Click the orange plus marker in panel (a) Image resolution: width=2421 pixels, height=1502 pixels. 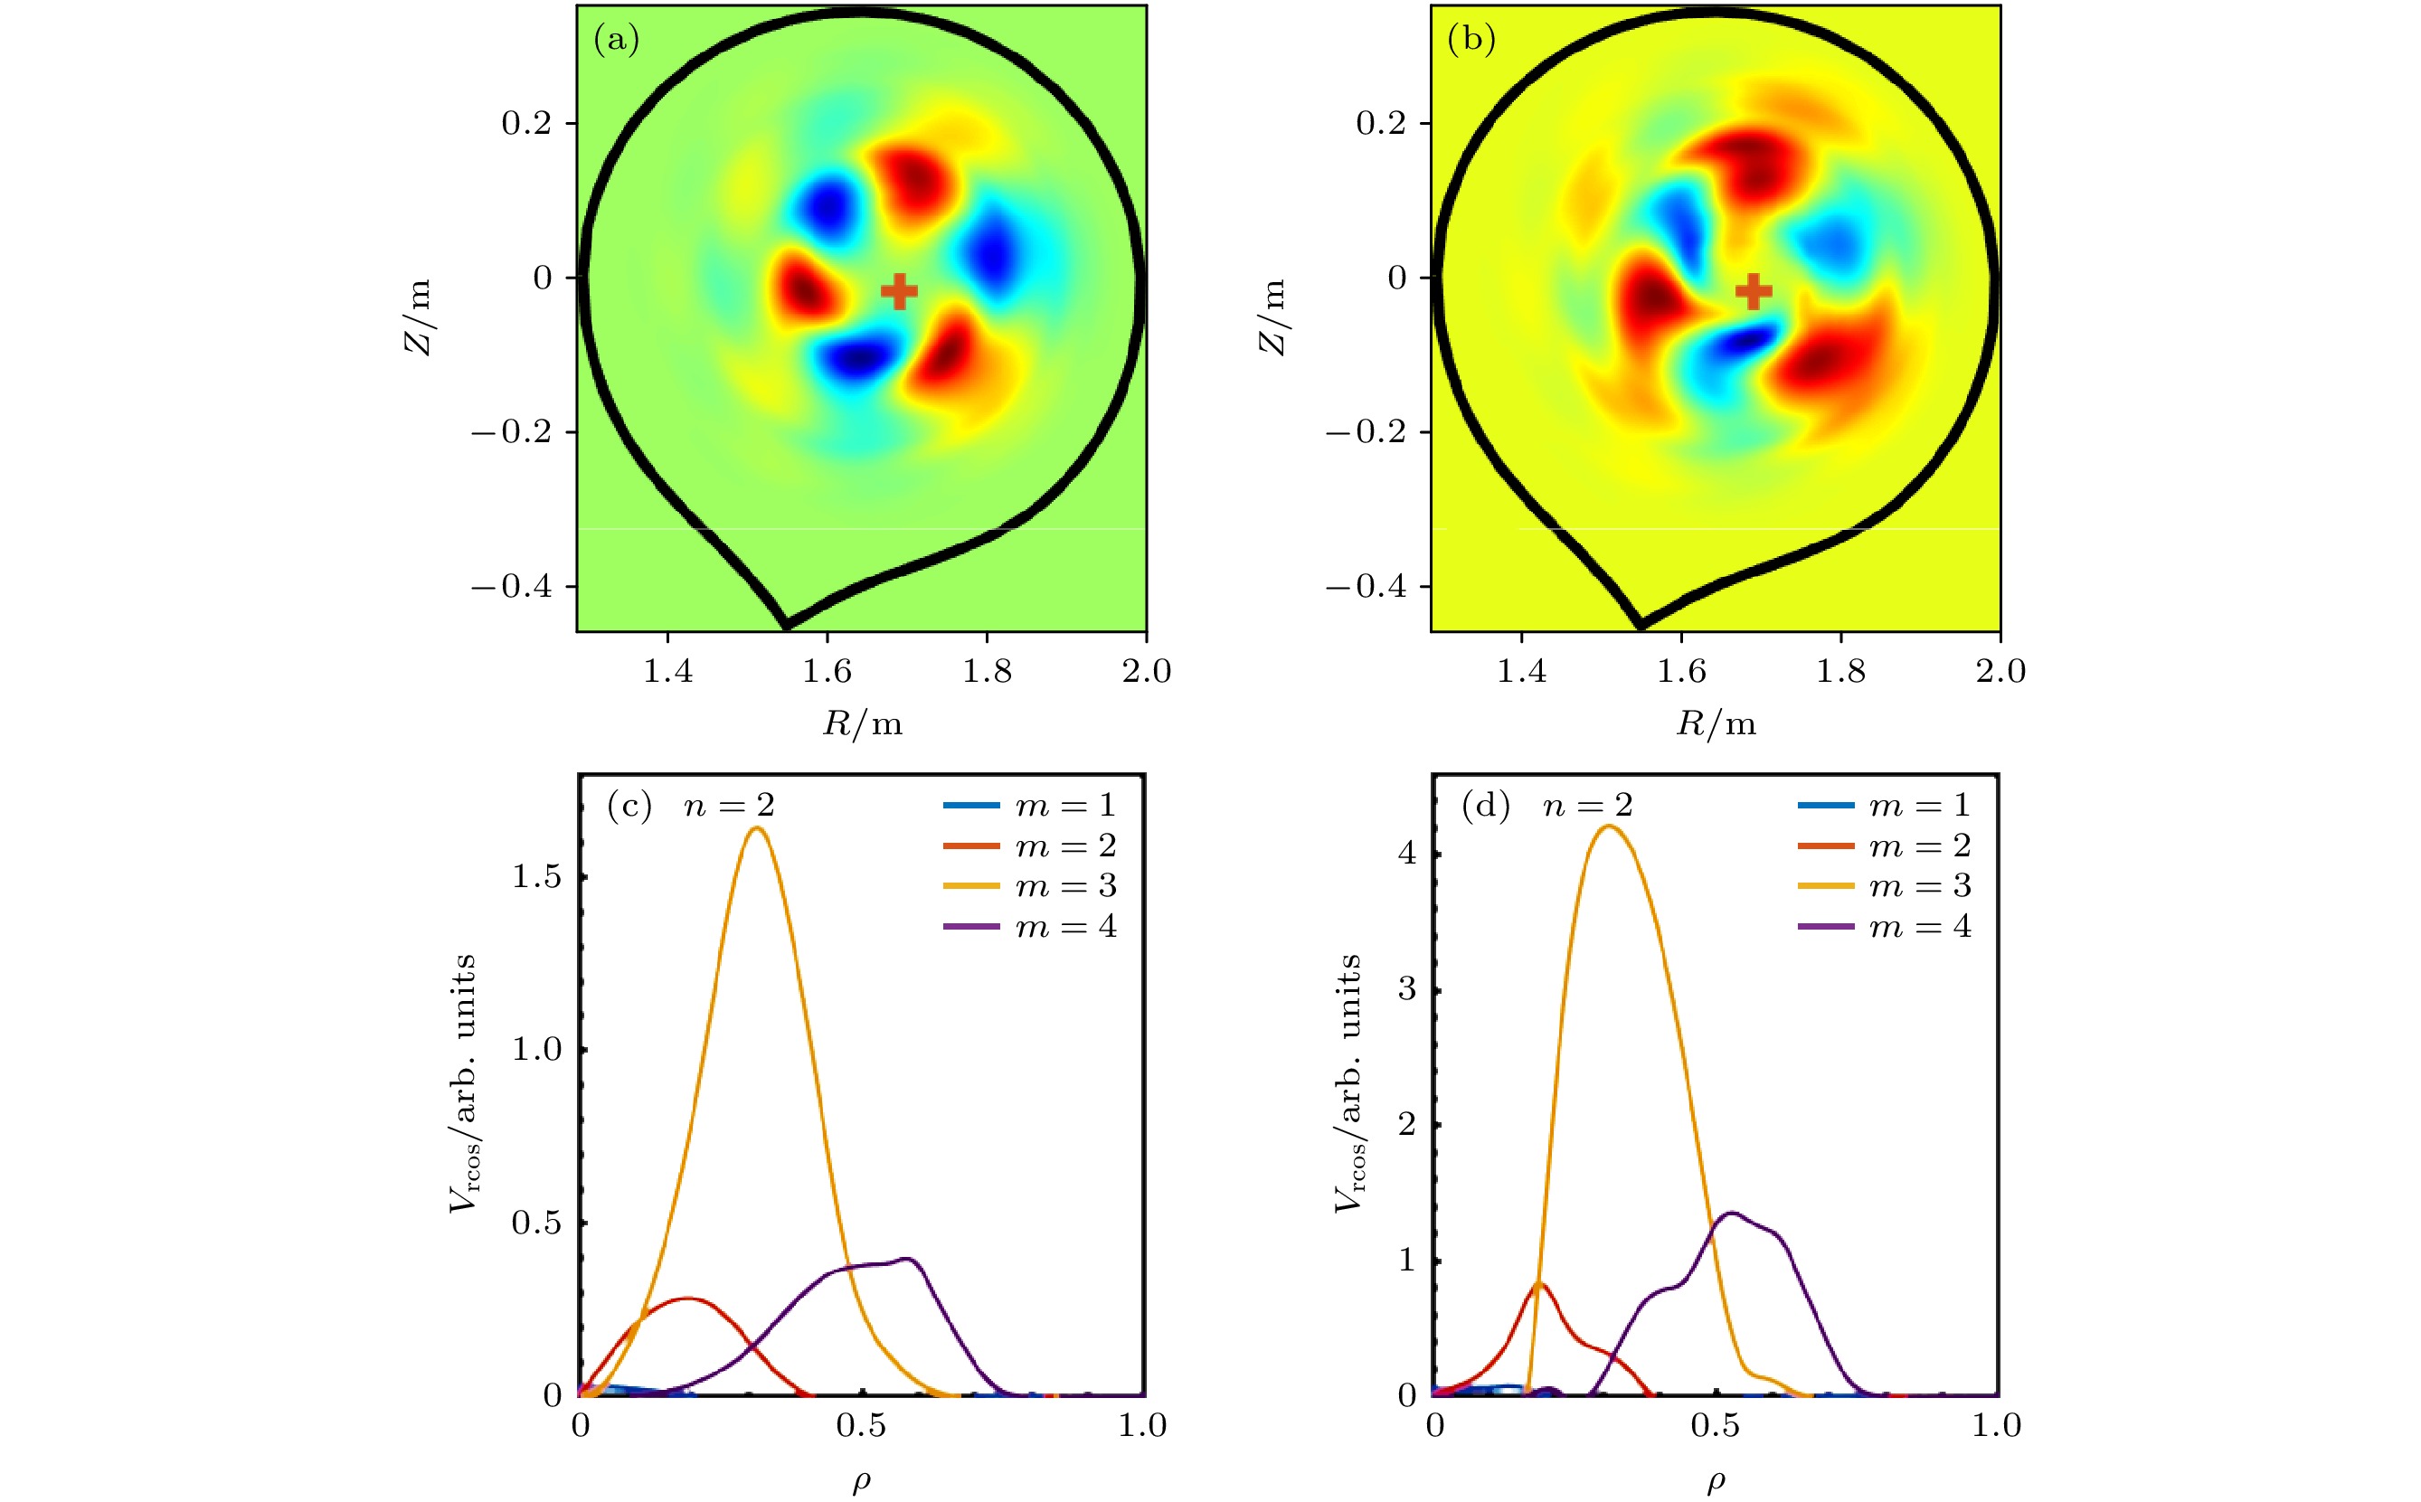[x=899, y=291]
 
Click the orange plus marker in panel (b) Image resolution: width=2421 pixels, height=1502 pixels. [x=1754, y=291]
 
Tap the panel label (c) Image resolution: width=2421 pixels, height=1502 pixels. [x=629, y=806]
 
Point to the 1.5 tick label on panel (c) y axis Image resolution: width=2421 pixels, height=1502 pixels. [x=536, y=877]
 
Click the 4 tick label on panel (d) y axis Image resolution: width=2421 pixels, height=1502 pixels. [x=1406, y=855]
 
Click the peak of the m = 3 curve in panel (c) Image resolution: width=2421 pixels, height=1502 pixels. [x=757, y=827]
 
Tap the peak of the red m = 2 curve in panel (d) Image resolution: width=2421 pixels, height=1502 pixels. [x=1539, y=1283]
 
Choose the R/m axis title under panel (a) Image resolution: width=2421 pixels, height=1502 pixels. [x=862, y=723]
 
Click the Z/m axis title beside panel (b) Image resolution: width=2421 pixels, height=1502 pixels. [x=1272, y=316]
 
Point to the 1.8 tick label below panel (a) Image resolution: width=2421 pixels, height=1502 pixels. [x=987, y=672]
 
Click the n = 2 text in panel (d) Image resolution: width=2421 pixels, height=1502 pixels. [x=1587, y=806]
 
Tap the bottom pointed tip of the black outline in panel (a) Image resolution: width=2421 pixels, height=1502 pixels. [x=787, y=626]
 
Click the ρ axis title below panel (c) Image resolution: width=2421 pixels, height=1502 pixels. [x=861, y=1481]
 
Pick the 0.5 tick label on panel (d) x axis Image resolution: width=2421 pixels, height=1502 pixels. [x=1715, y=1427]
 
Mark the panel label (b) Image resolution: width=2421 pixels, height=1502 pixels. [x=1471, y=39]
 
